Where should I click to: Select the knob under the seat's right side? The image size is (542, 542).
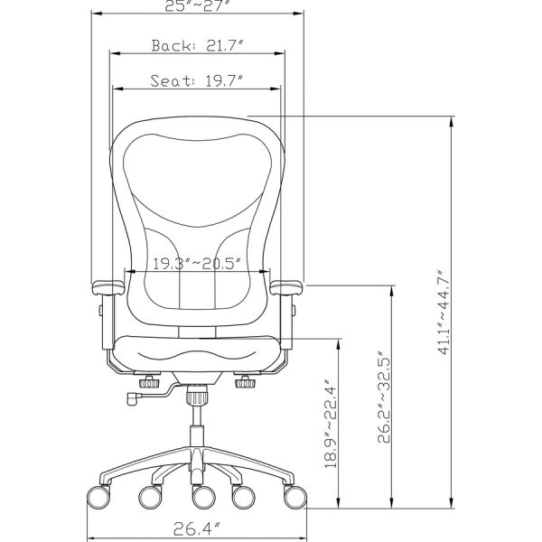pos(244,384)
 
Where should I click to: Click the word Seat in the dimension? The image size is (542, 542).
pos(167,81)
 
